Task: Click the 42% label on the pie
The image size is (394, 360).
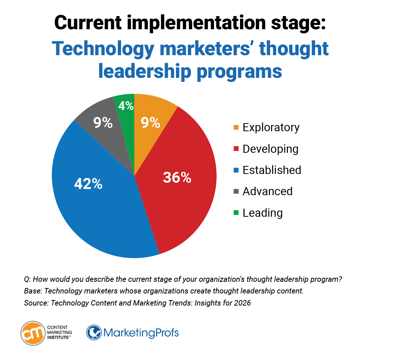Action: (88, 184)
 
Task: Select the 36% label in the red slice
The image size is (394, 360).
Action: (177, 178)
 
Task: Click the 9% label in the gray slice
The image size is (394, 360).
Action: (103, 123)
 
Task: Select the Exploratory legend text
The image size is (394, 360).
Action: (271, 127)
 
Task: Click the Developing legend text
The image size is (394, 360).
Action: (270, 149)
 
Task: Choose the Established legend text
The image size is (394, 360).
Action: (272, 170)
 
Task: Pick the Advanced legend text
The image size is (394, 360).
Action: (267, 191)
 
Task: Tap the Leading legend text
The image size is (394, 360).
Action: (262, 213)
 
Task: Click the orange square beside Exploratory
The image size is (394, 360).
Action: (236, 128)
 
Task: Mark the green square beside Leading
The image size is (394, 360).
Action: (236, 213)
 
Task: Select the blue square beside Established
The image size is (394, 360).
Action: (236, 170)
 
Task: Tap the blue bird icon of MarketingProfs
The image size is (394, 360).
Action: (94, 333)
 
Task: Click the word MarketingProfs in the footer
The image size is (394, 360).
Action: (141, 333)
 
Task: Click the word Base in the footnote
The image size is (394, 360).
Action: (32, 291)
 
